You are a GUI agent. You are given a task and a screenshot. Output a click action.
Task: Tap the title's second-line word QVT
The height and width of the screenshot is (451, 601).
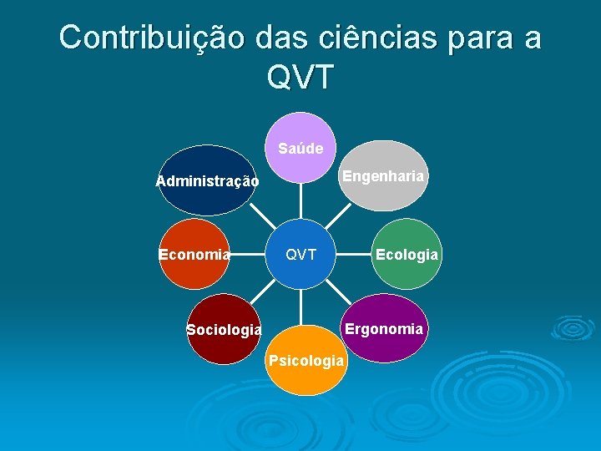(x=300, y=77)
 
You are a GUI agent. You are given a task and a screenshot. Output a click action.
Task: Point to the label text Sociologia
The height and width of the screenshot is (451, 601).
(x=224, y=330)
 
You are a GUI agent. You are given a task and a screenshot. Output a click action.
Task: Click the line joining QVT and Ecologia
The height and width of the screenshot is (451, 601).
(x=353, y=254)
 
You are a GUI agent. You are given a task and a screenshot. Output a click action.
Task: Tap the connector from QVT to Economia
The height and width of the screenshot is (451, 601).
(x=248, y=254)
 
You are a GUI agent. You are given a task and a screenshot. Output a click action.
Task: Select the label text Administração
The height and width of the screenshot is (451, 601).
(x=207, y=181)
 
